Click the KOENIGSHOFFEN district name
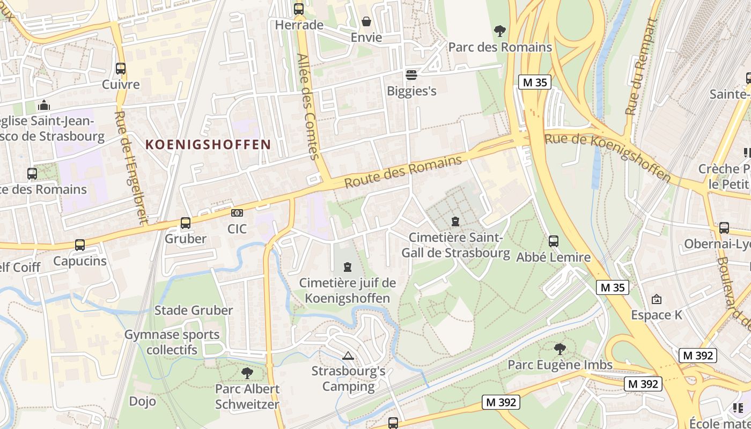click(x=208, y=144)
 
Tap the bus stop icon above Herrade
click(x=299, y=9)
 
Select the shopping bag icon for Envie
click(x=366, y=21)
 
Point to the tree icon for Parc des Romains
click(x=500, y=31)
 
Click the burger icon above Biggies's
click(x=411, y=75)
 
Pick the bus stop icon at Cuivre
click(x=121, y=69)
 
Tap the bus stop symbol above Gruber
click(x=186, y=223)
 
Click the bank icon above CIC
click(x=237, y=213)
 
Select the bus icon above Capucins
click(x=80, y=245)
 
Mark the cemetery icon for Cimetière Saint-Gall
click(x=455, y=221)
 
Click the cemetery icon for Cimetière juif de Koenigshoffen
click(x=348, y=267)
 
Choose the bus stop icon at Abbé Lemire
click(x=554, y=241)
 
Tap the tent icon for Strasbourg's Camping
click(x=348, y=355)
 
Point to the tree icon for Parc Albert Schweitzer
click(x=247, y=373)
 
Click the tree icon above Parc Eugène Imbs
click(x=560, y=349)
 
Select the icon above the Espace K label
click(x=657, y=299)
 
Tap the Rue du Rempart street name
click(x=642, y=66)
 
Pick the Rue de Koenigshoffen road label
click(x=608, y=157)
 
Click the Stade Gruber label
click(x=194, y=310)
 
